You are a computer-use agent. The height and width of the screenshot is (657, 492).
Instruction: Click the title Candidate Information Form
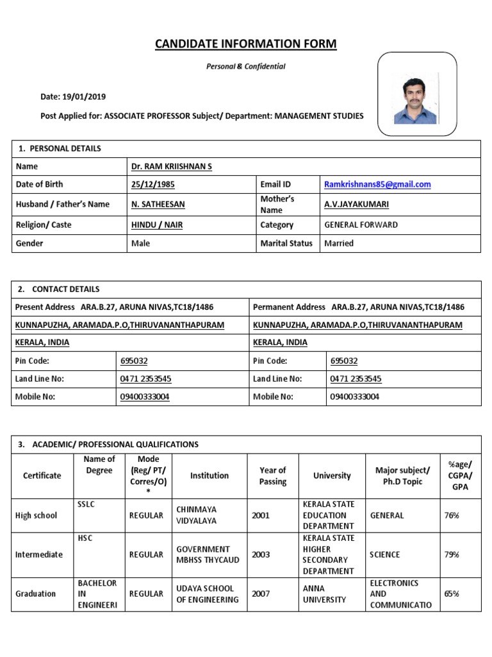point(245,44)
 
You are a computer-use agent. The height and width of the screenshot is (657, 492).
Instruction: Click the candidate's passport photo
point(417,95)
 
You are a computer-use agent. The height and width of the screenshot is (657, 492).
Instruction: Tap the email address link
point(377,184)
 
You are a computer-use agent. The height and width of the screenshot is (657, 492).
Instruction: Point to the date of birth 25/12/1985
point(152,184)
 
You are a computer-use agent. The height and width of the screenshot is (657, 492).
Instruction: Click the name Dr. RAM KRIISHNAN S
point(171,166)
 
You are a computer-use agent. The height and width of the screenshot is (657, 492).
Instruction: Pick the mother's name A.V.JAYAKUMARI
point(356,204)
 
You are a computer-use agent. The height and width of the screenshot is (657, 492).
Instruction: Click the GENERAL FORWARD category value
point(361,225)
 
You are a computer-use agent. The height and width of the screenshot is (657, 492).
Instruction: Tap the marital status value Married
point(339,243)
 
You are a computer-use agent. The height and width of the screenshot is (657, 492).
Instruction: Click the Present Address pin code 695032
point(134,361)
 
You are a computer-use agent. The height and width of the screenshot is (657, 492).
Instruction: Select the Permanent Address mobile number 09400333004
point(354,397)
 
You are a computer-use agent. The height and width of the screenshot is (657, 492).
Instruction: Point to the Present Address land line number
point(145,379)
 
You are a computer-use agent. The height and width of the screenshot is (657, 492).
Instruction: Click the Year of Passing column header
point(273,476)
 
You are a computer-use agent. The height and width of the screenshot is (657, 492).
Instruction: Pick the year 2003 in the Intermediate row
point(261,554)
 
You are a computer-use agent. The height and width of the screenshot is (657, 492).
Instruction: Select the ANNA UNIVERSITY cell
point(324,593)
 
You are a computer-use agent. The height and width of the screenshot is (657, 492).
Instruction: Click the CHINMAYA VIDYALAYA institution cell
point(196,515)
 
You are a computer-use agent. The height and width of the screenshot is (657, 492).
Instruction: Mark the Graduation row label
point(35,593)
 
